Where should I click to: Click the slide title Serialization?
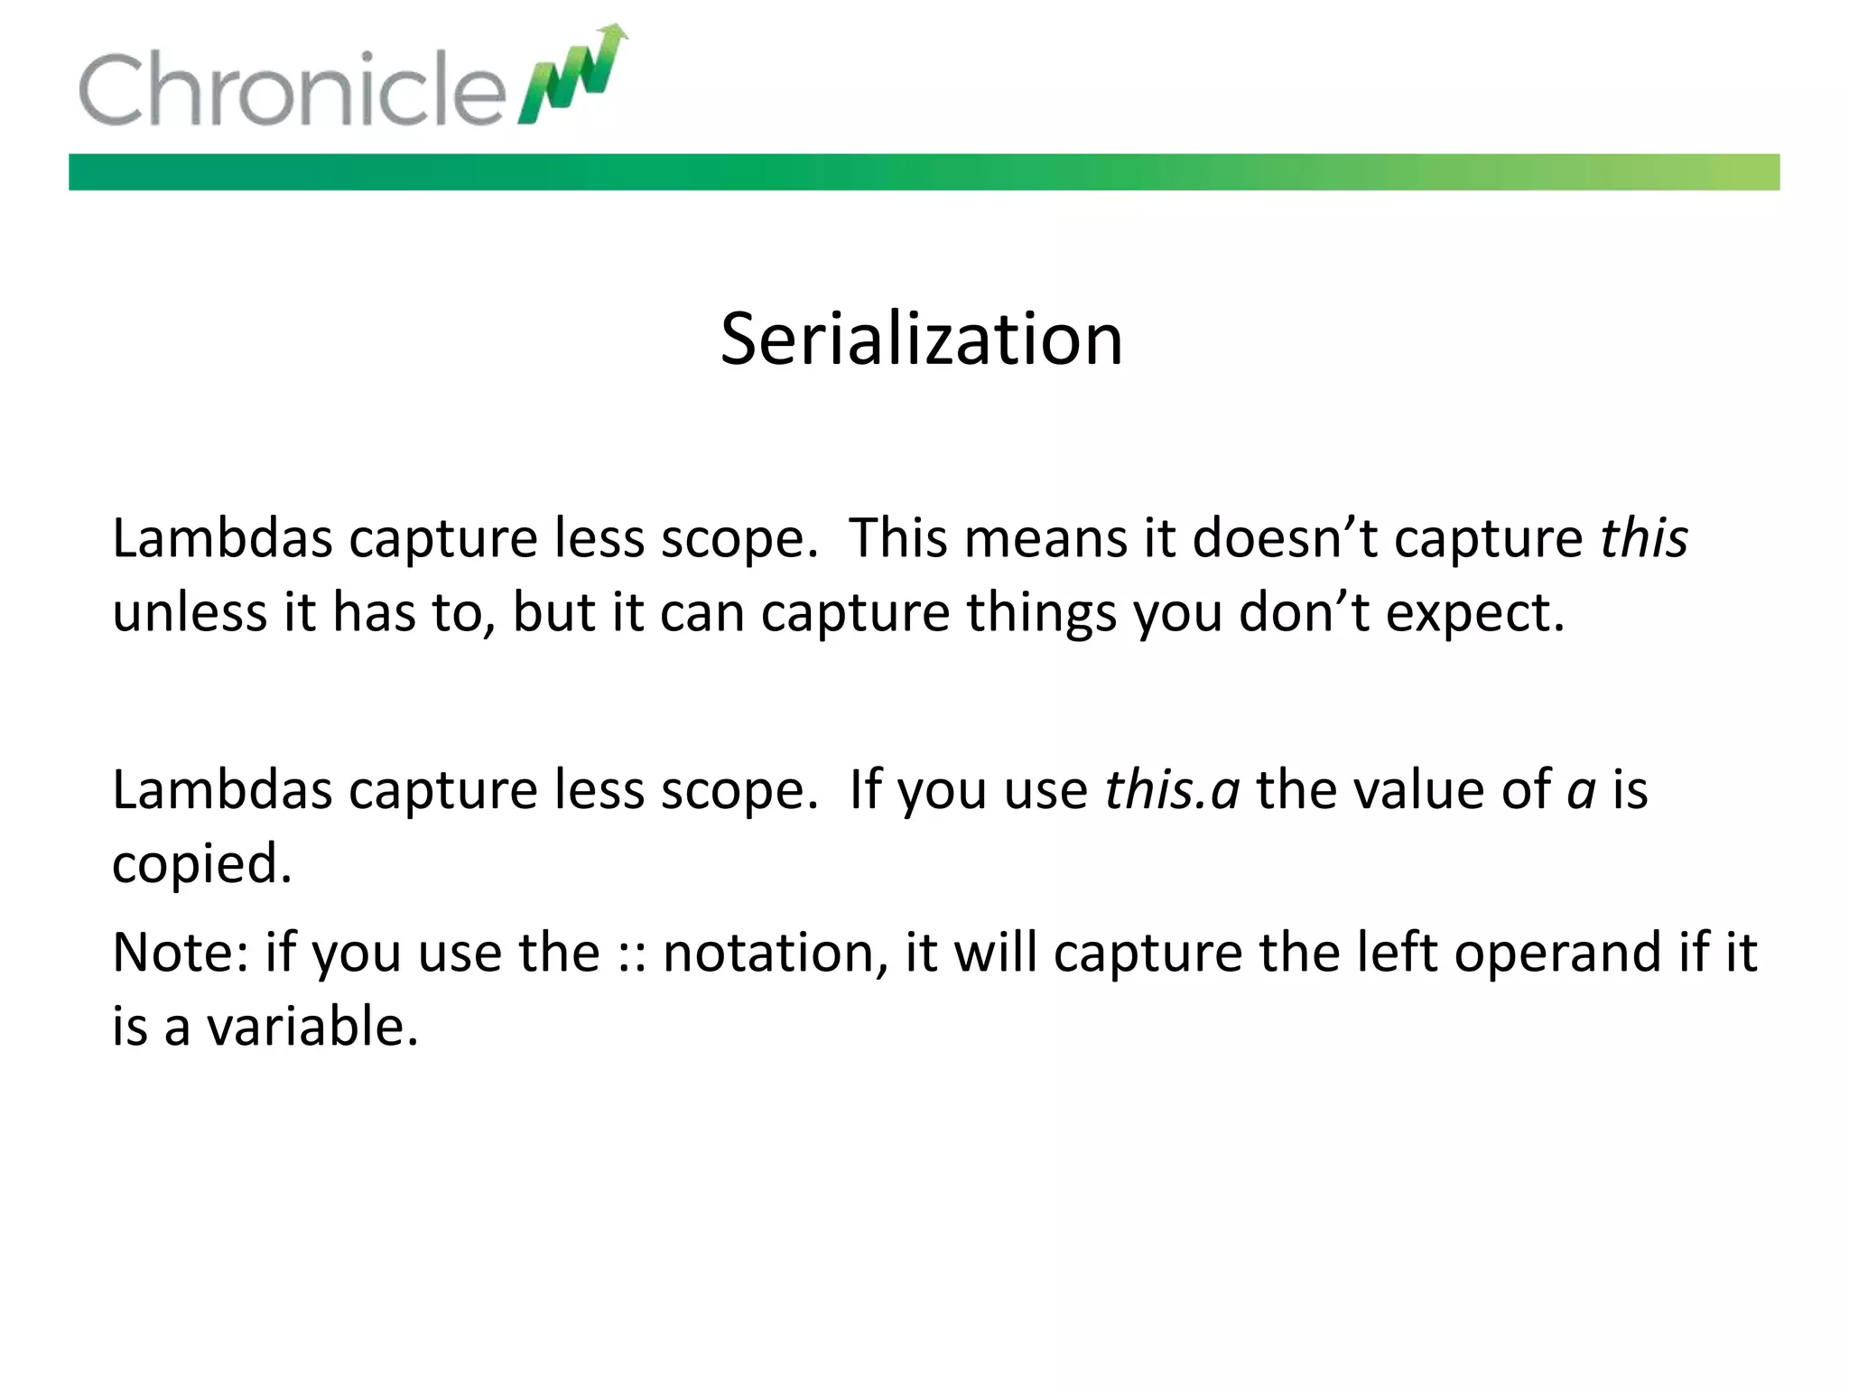(922, 340)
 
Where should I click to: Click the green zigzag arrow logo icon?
(572, 74)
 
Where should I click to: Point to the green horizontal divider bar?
(924, 172)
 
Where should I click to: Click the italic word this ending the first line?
(1643, 539)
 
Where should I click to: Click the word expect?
(1475, 613)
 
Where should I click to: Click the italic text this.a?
(1172, 790)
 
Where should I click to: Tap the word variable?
(312, 1027)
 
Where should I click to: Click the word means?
(1045, 539)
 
